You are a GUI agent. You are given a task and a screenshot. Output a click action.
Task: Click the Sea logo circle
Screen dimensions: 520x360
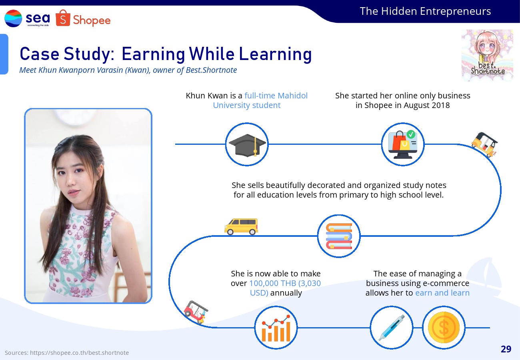13,18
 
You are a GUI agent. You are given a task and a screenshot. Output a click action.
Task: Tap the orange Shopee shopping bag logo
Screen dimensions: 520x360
63,18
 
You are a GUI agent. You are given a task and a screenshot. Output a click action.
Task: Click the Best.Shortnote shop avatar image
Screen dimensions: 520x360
487,55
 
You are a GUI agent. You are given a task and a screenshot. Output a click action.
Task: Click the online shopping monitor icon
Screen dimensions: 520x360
403,144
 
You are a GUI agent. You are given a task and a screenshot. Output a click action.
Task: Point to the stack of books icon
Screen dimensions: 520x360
339,236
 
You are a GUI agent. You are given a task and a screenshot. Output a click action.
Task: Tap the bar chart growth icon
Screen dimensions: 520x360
276,328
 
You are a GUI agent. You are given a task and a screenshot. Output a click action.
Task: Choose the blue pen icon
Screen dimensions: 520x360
392,328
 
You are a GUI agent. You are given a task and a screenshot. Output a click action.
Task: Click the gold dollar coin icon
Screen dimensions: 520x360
444,328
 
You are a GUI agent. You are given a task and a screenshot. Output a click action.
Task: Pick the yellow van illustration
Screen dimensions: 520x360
241,227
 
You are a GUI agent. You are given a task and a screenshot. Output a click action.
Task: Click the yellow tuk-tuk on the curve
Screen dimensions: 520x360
484,144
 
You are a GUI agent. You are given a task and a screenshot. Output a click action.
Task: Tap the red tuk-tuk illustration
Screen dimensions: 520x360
196,312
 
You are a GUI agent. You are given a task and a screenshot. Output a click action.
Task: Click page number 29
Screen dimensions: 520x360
506,349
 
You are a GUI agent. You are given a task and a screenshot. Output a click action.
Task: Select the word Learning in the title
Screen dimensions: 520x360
275,54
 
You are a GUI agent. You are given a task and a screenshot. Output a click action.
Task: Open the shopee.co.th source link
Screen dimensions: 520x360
79,353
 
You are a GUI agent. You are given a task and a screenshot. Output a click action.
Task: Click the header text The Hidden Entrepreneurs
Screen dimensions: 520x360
425,11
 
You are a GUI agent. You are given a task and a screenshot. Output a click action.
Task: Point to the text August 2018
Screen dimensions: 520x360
427,105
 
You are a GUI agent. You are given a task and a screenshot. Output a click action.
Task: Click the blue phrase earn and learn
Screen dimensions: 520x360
442,293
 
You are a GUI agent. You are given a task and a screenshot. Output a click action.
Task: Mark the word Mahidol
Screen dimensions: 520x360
292,96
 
